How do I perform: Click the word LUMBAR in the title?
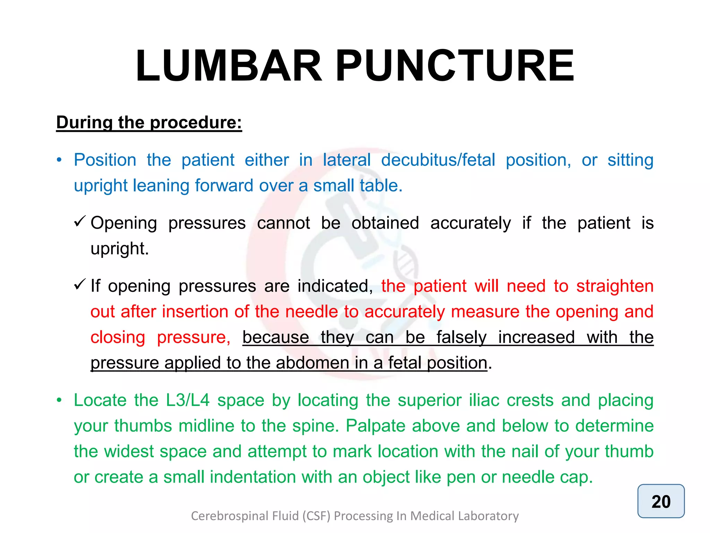click(x=229, y=66)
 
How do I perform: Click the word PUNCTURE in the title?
click(x=455, y=66)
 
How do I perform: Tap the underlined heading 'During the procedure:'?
click(x=149, y=122)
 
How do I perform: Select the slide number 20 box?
click(x=661, y=501)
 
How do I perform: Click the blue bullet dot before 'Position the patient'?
click(x=59, y=160)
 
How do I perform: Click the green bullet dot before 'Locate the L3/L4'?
click(x=59, y=400)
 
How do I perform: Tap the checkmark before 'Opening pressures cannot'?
click(x=80, y=221)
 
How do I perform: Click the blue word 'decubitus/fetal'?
click(x=438, y=160)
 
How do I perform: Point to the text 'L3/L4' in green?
click(x=188, y=400)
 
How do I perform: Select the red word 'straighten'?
click(x=615, y=286)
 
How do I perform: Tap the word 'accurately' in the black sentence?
click(x=470, y=223)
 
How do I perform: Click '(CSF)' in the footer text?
click(x=316, y=516)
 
